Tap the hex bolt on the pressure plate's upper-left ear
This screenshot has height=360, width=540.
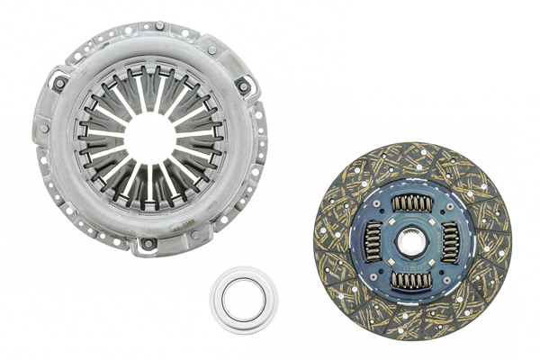(60, 84)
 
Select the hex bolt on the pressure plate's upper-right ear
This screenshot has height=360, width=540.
(241, 86)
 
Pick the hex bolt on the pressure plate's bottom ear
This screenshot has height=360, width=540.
(147, 244)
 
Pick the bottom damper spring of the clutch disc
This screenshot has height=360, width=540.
(412, 279)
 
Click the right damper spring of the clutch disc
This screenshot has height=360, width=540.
(450, 241)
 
